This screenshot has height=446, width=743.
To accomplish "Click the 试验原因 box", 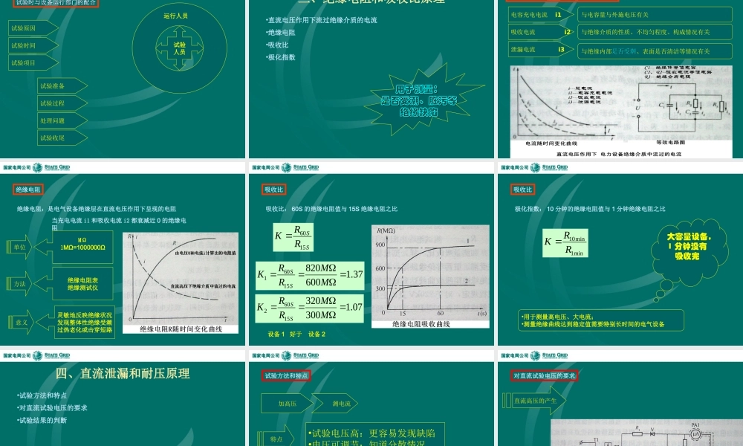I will point(33,28).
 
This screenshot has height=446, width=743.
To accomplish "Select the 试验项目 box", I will point(33,63).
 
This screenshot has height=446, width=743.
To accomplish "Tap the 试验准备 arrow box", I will point(62,85).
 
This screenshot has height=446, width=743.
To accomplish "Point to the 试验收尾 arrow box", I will point(62,138).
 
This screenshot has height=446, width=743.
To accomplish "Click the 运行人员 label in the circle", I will point(175,15).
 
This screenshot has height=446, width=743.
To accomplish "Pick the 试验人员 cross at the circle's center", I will point(179,49).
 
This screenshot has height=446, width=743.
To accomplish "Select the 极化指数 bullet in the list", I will point(282,56).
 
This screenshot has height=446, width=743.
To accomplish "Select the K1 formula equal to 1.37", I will point(310,275).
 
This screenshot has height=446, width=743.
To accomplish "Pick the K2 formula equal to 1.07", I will point(310,308).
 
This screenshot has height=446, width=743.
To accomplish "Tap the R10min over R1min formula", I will point(565,242).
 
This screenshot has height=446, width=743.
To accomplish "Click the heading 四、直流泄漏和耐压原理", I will point(123,373).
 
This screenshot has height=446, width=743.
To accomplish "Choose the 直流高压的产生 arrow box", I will point(536,401).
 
